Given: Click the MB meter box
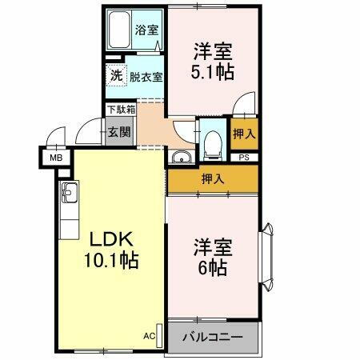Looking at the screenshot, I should tap(56, 158).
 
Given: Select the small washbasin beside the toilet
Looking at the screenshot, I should tap(182, 156).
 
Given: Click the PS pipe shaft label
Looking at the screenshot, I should tap(243, 157).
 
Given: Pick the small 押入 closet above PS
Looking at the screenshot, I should tap(243, 133).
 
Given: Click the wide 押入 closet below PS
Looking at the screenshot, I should tap(213, 178).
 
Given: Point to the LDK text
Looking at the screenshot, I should tap(110, 241).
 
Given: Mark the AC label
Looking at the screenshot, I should tap(149, 336).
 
